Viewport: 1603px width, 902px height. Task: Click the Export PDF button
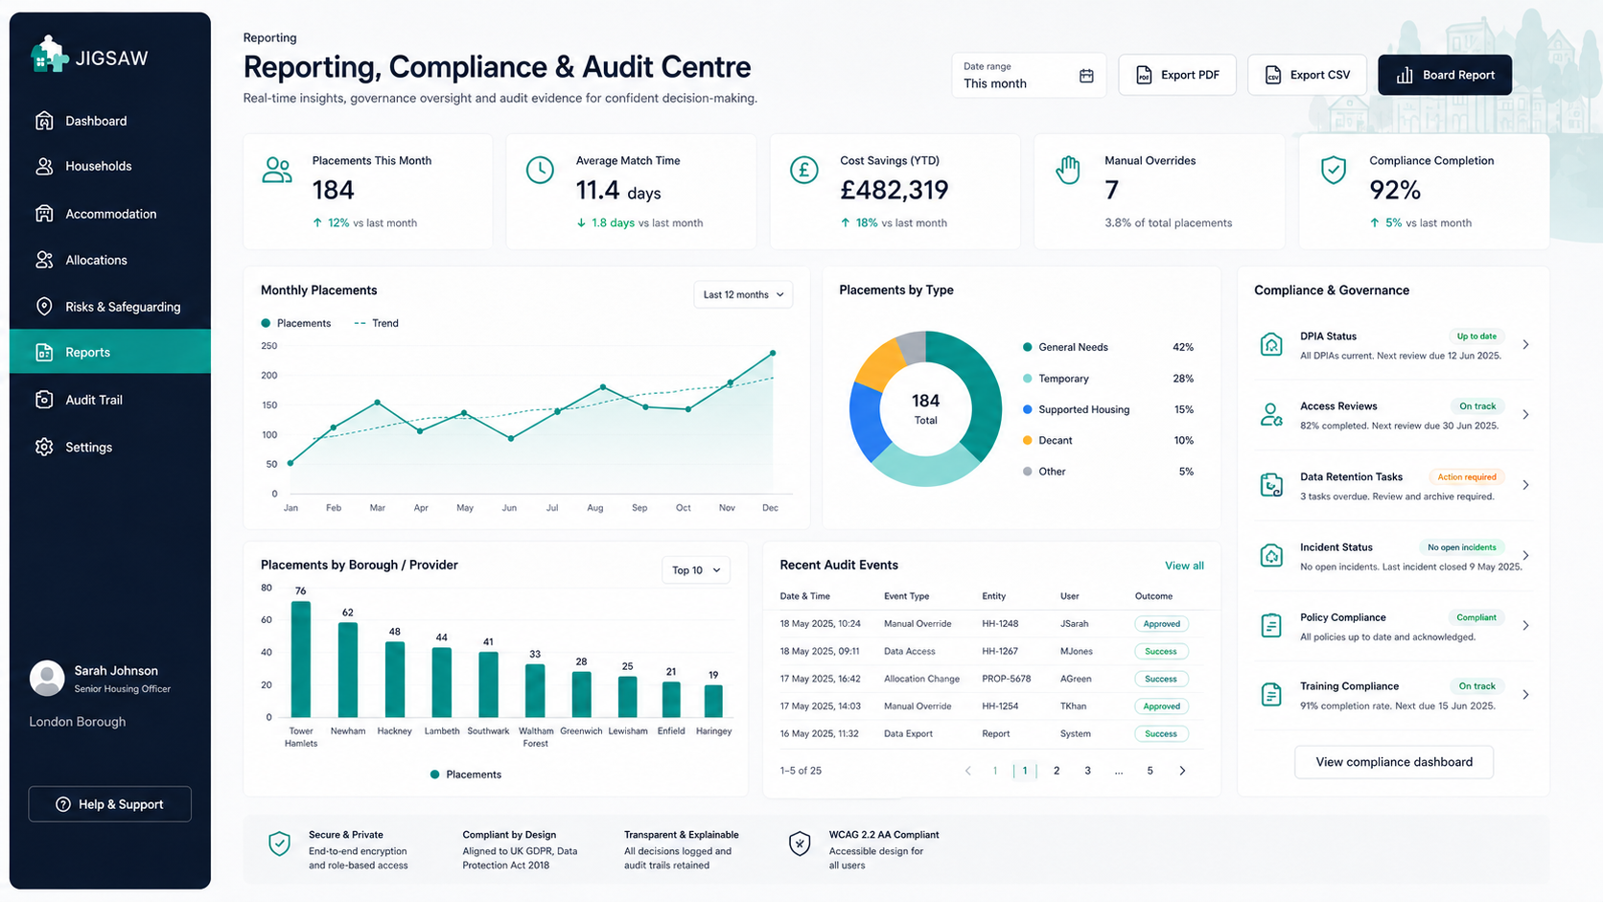[x=1177, y=75]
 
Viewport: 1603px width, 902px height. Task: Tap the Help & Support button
[x=109, y=804]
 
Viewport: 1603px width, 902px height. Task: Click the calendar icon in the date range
[x=1086, y=75]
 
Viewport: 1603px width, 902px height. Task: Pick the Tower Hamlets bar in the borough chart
[x=301, y=659]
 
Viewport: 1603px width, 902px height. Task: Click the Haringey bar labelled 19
[x=713, y=701]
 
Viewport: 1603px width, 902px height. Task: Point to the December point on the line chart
[x=773, y=354]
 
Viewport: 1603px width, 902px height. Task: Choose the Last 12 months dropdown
[x=743, y=294]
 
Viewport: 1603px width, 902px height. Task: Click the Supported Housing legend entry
[x=1077, y=409]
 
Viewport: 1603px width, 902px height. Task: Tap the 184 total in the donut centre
[x=925, y=401]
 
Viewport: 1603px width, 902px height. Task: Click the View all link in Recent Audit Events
[x=1184, y=566]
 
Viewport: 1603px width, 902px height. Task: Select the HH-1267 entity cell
[x=1000, y=651]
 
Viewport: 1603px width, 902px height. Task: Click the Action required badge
[x=1466, y=477]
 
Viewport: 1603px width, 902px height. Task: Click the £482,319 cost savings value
[x=894, y=190]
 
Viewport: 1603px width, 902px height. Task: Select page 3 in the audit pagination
[x=1087, y=771]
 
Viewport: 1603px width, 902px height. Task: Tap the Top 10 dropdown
[x=696, y=570]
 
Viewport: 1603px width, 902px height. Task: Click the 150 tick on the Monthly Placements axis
[x=269, y=405]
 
